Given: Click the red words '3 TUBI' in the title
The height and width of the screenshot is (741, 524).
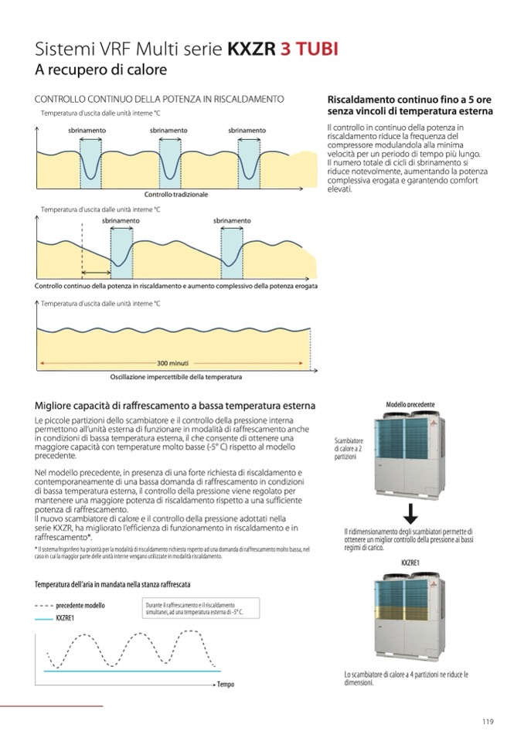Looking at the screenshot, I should pyautogui.click(x=308, y=50).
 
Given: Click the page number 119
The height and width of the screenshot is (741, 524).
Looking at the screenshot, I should pyautogui.click(x=487, y=722).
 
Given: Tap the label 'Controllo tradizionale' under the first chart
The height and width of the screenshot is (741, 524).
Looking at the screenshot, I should pyautogui.click(x=176, y=194).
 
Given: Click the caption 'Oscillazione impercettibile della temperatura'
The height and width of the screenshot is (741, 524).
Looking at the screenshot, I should pyautogui.click(x=175, y=377).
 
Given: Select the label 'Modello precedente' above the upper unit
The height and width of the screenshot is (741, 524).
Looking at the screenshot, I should pyautogui.click(x=410, y=405).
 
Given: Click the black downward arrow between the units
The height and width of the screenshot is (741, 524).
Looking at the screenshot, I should pyautogui.click(x=410, y=514).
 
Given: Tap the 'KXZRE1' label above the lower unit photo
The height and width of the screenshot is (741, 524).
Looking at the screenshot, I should pyautogui.click(x=410, y=563).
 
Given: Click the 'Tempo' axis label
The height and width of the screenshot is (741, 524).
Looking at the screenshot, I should pyautogui.click(x=225, y=685).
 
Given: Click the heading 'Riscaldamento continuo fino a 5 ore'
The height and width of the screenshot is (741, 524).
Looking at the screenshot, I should pyautogui.click(x=409, y=100).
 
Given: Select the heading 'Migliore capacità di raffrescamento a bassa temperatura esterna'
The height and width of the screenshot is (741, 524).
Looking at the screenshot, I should pyautogui.click(x=175, y=406).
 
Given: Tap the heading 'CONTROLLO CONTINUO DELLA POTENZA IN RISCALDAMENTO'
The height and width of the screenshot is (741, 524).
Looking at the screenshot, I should pyautogui.click(x=159, y=100).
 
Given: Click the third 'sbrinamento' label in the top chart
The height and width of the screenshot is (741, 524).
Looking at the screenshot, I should pyautogui.click(x=247, y=131).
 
